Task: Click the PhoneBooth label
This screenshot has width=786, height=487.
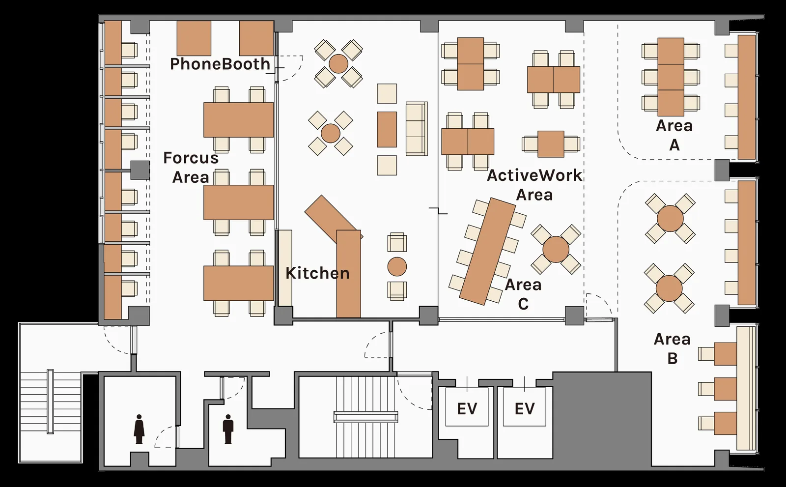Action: click(220, 64)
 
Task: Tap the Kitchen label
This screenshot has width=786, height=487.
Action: click(317, 273)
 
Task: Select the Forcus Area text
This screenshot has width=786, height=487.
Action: click(191, 168)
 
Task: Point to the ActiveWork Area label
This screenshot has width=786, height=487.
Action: click(534, 185)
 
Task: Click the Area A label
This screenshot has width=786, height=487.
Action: click(674, 135)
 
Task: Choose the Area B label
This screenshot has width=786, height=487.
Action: click(672, 348)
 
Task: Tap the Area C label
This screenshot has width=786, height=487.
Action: click(523, 294)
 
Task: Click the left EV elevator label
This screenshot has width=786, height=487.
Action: click(467, 409)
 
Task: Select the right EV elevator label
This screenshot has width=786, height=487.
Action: click(525, 409)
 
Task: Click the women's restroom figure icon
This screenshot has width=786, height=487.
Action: click(140, 429)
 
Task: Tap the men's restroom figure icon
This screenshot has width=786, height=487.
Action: click(228, 429)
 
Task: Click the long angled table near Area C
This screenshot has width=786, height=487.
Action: click(488, 251)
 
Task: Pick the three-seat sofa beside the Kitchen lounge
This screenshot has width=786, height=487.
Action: click(417, 129)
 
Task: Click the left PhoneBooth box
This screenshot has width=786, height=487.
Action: click(194, 38)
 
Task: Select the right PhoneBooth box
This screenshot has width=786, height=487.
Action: click(256, 38)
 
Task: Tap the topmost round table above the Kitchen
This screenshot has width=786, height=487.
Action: click(338, 64)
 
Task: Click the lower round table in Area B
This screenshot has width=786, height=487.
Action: click(669, 288)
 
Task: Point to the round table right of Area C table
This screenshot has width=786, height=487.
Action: click(556, 249)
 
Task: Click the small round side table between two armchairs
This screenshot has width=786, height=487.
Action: click(397, 266)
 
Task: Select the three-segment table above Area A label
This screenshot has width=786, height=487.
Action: click(671, 77)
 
